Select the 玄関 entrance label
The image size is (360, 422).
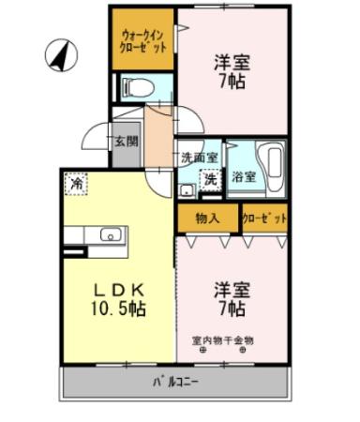pyautogui.click(x=127, y=142)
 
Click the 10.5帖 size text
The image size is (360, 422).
pyautogui.click(x=117, y=308)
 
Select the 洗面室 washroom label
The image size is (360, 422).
pyautogui.click(x=199, y=158)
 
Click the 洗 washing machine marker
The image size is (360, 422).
pyautogui.click(x=213, y=178)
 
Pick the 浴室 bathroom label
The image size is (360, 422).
pyautogui.click(x=245, y=175)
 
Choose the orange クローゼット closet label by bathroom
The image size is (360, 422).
pyautogui.click(x=262, y=219)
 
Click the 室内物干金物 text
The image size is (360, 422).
pyautogui.click(x=222, y=340)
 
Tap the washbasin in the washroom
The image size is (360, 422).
pyautogui.click(x=187, y=190)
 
